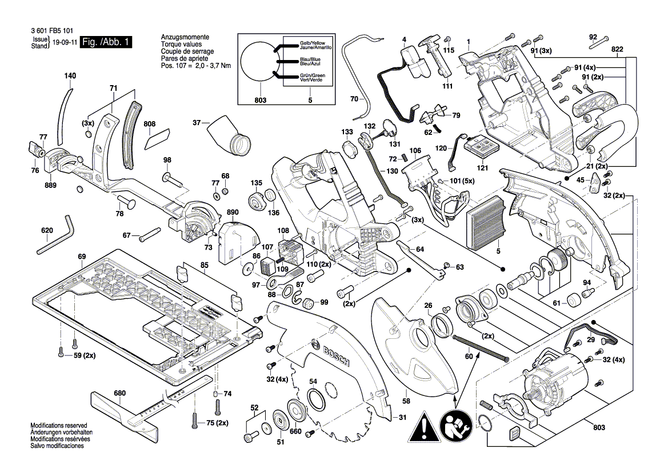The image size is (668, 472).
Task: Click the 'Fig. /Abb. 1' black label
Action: [x=107, y=42]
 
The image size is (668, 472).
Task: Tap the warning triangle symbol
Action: [x=423, y=425]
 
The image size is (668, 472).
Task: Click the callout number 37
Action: [x=197, y=122]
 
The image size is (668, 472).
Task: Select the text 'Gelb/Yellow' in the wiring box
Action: [x=312, y=43]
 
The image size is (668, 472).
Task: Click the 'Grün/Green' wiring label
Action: [x=312, y=75]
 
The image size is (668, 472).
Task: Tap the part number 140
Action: [x=70, y=76]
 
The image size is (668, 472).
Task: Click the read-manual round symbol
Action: [x=455, y=426]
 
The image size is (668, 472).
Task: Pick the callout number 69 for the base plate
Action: [x=81, y=257]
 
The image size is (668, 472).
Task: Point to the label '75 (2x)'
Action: [x=217, y=423]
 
